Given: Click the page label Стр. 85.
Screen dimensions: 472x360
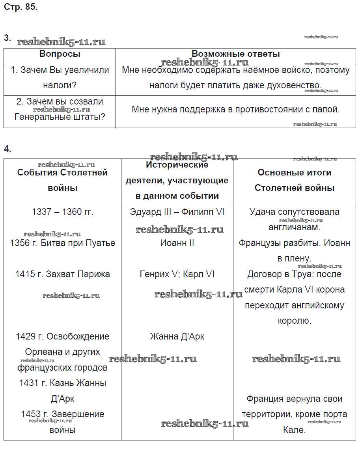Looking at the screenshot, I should [x=21, y=7].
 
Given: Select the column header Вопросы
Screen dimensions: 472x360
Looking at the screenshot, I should [x=60, y=54].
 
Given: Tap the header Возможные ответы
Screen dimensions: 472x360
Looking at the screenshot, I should [x=235, y=54].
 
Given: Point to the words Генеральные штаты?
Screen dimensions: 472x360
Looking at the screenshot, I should [x=60, y=117].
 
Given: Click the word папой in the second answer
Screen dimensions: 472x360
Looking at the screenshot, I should [x=325, y=109].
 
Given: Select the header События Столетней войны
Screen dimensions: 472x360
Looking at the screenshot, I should [x=62, y=180].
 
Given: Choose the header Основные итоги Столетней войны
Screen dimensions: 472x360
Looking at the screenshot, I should [x=294, y=180].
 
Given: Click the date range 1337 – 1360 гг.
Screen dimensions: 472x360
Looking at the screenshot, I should [x=62, y=212].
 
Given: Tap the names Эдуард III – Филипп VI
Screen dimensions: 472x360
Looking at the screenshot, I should [x=177, y=212].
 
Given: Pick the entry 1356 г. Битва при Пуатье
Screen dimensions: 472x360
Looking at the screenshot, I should [x=62, y=243].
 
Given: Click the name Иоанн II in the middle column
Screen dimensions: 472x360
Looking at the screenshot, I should [x=177, y=243].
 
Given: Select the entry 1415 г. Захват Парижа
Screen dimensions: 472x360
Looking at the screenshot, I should [x=62, y=274].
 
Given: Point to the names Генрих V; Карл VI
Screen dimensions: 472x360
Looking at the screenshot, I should [x=177, y=274].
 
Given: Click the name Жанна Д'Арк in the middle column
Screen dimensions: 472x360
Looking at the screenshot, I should [x=177, y=336].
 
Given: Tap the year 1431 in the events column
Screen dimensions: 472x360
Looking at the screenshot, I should [x=29, y=383].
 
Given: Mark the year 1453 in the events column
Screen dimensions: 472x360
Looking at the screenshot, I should [x=31, y=414].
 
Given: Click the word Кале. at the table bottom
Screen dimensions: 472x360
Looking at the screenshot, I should [x=294, y=430].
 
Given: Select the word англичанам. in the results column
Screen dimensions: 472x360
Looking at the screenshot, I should [x=294, y=228].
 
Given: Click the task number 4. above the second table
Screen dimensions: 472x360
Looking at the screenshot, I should [x=7, y=149].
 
